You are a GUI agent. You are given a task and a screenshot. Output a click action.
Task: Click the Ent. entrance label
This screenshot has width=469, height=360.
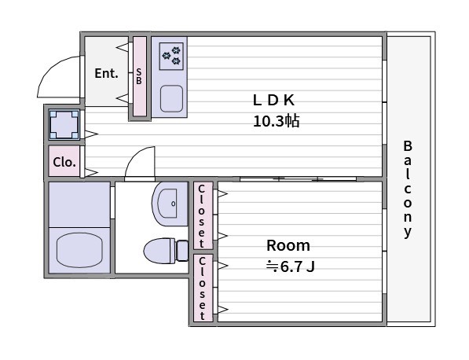(x=106, y=73)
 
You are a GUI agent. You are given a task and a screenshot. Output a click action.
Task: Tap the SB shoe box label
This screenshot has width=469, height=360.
(x=139, y=76)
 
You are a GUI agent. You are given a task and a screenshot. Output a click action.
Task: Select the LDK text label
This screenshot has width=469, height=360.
(x=273, y=101)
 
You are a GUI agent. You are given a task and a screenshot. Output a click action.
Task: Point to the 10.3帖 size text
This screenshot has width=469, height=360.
(x=276, y=121)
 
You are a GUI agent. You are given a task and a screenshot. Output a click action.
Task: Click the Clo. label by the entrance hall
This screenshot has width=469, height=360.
(x=64, y=162)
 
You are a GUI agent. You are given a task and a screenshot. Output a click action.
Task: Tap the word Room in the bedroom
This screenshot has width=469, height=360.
(x=288, y=245)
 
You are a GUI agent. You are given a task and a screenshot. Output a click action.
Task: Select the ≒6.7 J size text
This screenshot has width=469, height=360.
(x=290, y=266)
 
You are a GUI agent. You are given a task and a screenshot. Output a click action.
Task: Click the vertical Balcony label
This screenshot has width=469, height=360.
(x=408, y=189)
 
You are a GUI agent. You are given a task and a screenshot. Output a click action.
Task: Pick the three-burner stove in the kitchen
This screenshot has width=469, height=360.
(x=171, y=57)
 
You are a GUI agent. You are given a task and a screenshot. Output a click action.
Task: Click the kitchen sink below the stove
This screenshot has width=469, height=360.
(x=171, y=98)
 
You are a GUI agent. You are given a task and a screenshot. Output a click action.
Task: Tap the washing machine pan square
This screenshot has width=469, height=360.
(x=64, y=124)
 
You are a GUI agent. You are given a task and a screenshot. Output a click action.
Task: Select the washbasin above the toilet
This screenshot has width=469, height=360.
(x=170, y=204)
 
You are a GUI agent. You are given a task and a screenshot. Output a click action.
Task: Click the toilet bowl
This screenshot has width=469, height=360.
(x=159, y=251)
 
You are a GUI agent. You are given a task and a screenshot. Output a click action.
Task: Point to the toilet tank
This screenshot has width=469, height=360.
(x=182, y=251)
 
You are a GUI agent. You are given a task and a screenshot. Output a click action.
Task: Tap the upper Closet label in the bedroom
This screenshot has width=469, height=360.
(x=202, y=215)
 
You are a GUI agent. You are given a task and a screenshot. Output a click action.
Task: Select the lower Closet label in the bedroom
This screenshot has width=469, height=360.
(x=202, y=288)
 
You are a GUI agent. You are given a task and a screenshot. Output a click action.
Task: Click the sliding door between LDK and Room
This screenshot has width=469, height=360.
(x=299, y=179)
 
